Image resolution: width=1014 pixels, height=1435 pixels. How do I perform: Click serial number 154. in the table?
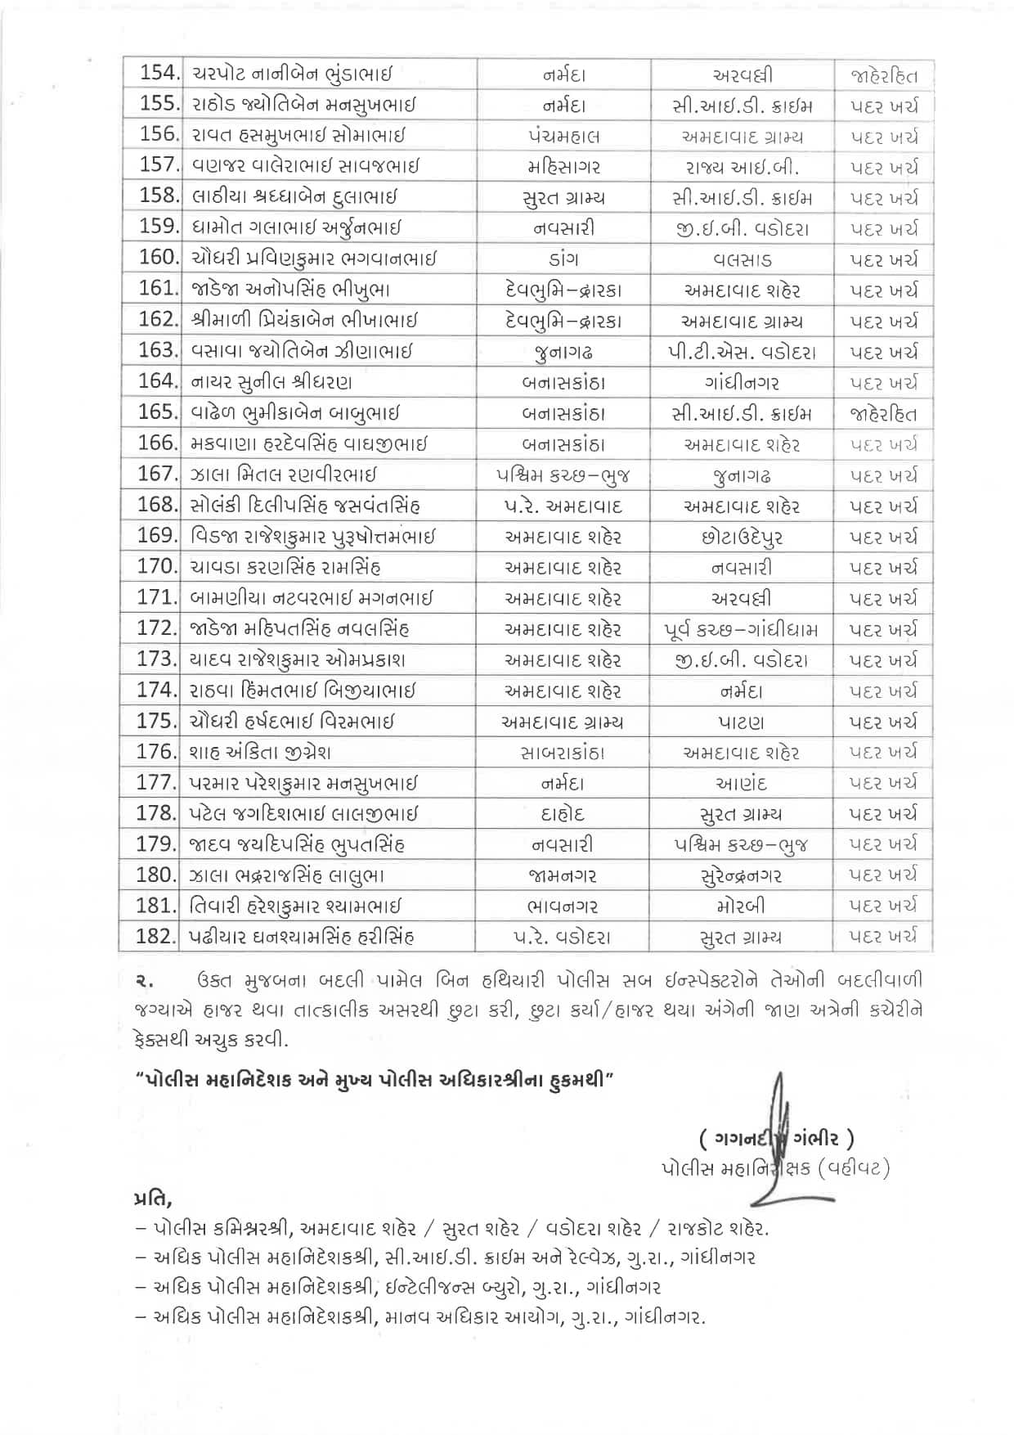(x=159, y=74)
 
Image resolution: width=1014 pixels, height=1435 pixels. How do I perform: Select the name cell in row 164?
(x=272, y=382)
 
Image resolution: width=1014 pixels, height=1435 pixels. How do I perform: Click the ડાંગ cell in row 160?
(x=563, y=259)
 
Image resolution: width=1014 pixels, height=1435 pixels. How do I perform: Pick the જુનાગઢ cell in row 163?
(x=563, y=352)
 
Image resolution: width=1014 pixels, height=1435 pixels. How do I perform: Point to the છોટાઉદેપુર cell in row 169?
(x=742, y=537)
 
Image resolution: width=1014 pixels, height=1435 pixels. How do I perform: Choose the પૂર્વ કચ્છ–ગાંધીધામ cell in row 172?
(x=742, y=629)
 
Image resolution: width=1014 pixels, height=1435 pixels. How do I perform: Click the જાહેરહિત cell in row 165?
(x=883, y=413)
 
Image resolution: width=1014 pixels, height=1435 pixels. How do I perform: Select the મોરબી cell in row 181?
(x=742, y=906)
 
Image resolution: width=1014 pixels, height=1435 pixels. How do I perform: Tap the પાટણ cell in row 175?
(x=742, y=722)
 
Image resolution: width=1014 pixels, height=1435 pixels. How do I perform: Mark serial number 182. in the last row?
(x=157, y=937)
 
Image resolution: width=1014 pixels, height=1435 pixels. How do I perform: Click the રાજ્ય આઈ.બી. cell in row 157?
(x=742, y=167)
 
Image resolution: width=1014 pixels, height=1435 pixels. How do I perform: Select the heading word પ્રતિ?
(x=152, y=1200)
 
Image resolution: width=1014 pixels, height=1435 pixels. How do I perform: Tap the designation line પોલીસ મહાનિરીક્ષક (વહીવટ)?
(x=774, y=1169)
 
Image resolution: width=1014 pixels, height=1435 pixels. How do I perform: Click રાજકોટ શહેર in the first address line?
(x=717, y=1229)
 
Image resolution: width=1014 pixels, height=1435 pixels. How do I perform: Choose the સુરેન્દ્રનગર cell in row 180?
(x=742, y=875)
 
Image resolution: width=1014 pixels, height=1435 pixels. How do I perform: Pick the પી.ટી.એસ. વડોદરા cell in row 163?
(x=742, y=352)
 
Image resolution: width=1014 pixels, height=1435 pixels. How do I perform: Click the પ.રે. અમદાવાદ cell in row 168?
(x=563, y=506)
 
